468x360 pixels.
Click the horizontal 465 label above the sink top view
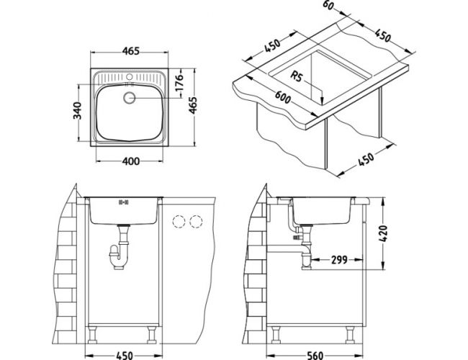tap(130, 50)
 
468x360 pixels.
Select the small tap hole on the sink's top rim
tap(131, 76)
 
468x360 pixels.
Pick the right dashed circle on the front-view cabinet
tap(195, 221)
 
